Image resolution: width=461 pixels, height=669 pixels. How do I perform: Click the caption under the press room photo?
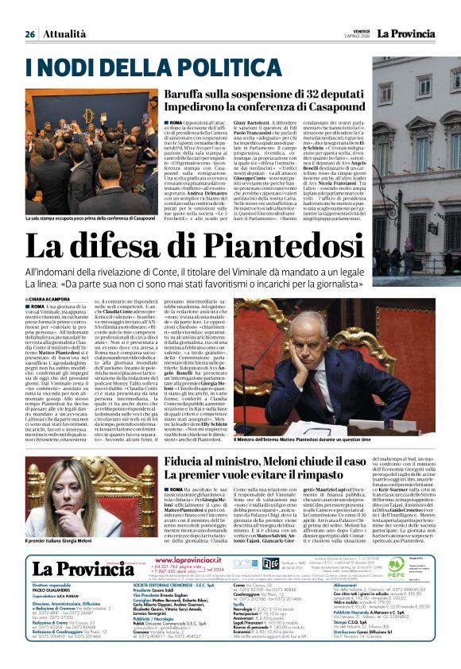91,217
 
